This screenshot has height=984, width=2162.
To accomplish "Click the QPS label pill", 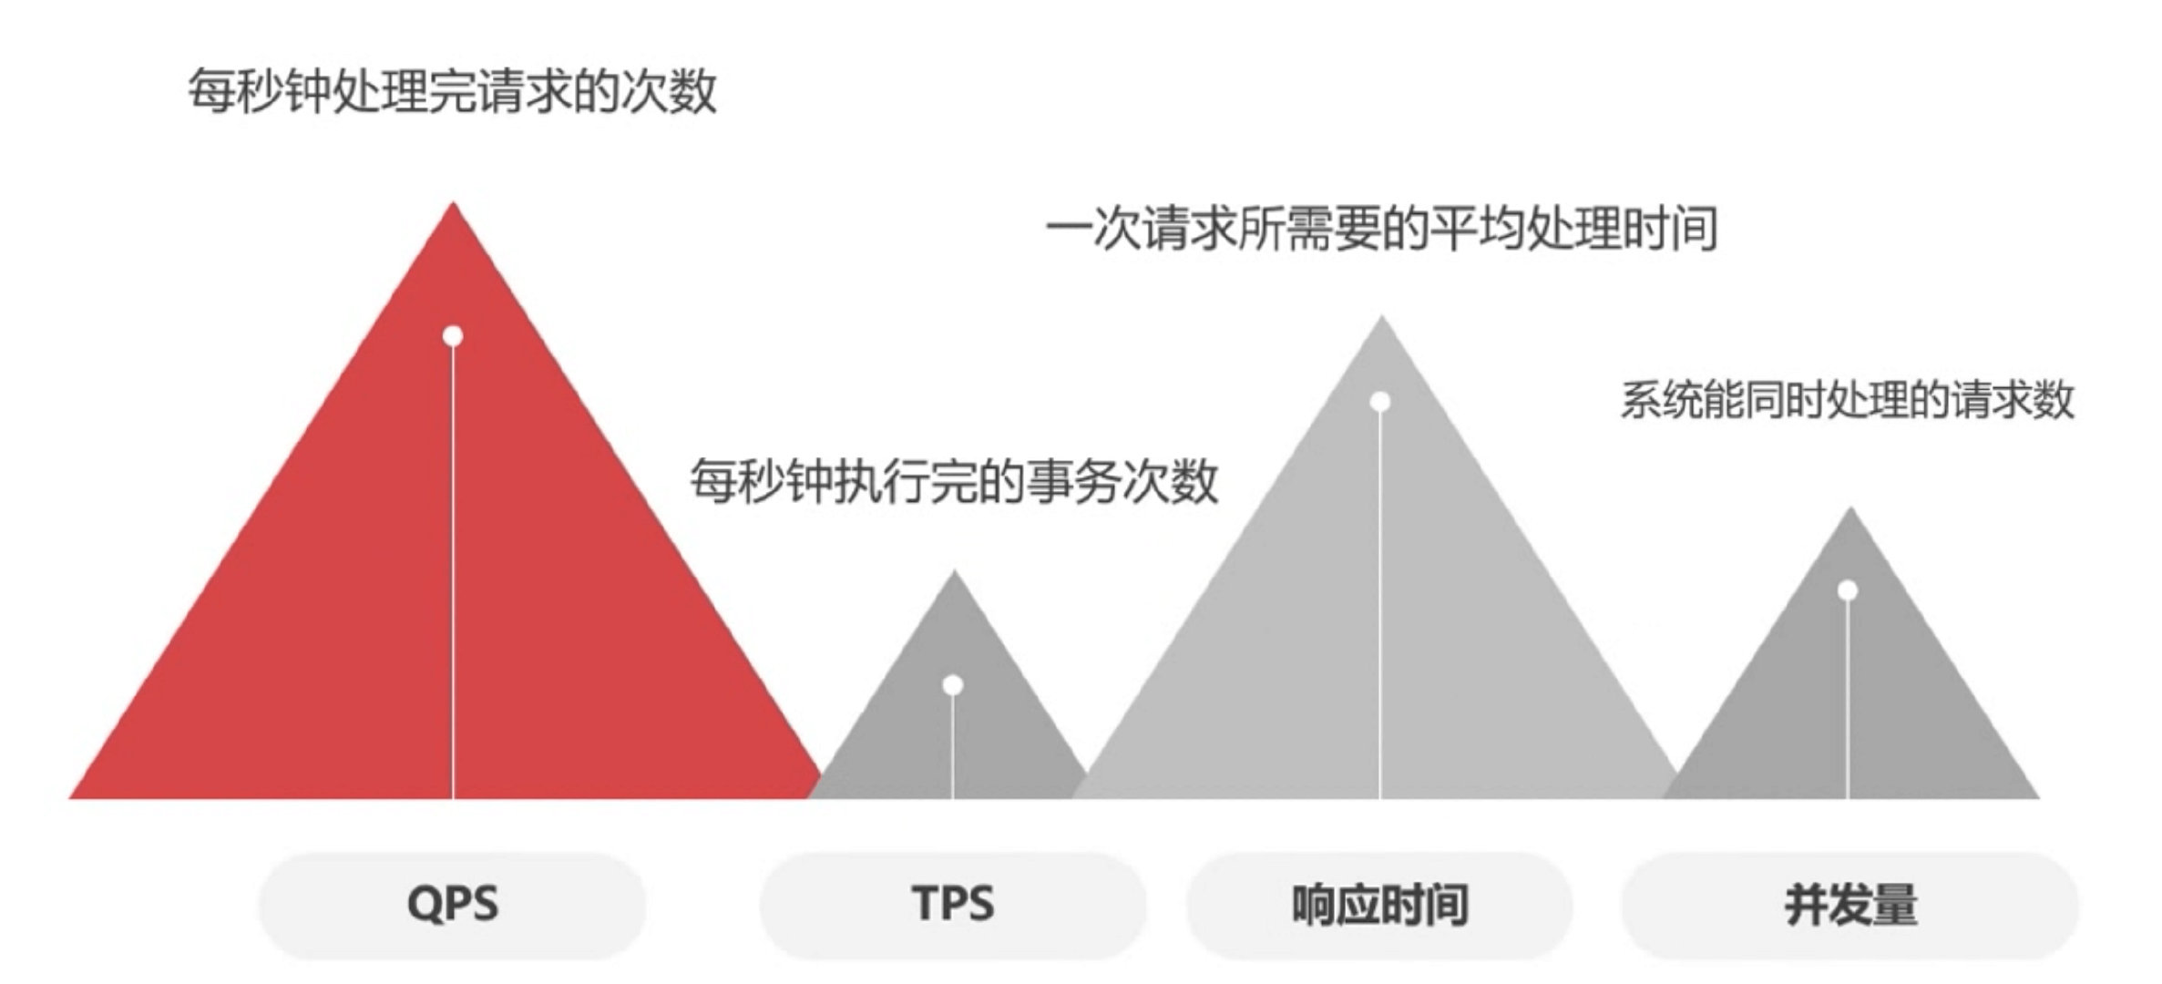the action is coord(453,905).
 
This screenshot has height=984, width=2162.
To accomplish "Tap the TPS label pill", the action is coord(952,905).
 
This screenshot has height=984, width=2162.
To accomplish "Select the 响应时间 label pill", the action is coord(1379,905).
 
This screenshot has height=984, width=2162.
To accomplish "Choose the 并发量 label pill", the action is coord(1849,905).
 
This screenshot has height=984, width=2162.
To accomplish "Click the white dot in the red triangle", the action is coord(453,336).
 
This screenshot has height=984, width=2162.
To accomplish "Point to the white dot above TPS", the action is coord(953,684).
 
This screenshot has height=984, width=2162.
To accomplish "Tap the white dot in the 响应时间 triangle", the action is coord(1380,402).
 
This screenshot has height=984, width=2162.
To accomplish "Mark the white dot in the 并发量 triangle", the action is coord(1848,590).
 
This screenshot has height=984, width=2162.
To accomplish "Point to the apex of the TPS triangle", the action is coord(954,574).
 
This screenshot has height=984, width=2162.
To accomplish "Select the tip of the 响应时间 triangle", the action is coord(1381,320).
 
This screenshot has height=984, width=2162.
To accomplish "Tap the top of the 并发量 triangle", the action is coord(1850,511).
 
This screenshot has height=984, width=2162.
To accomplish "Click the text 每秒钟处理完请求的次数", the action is coord(452,91).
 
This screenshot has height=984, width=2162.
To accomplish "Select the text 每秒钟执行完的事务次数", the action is coord(953,480).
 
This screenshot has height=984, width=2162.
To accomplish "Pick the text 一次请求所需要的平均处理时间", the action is coord(1381,228).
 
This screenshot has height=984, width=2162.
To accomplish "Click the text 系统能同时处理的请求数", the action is coord(1848,400).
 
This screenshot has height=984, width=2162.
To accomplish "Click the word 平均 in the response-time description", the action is coord(1475,228).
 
